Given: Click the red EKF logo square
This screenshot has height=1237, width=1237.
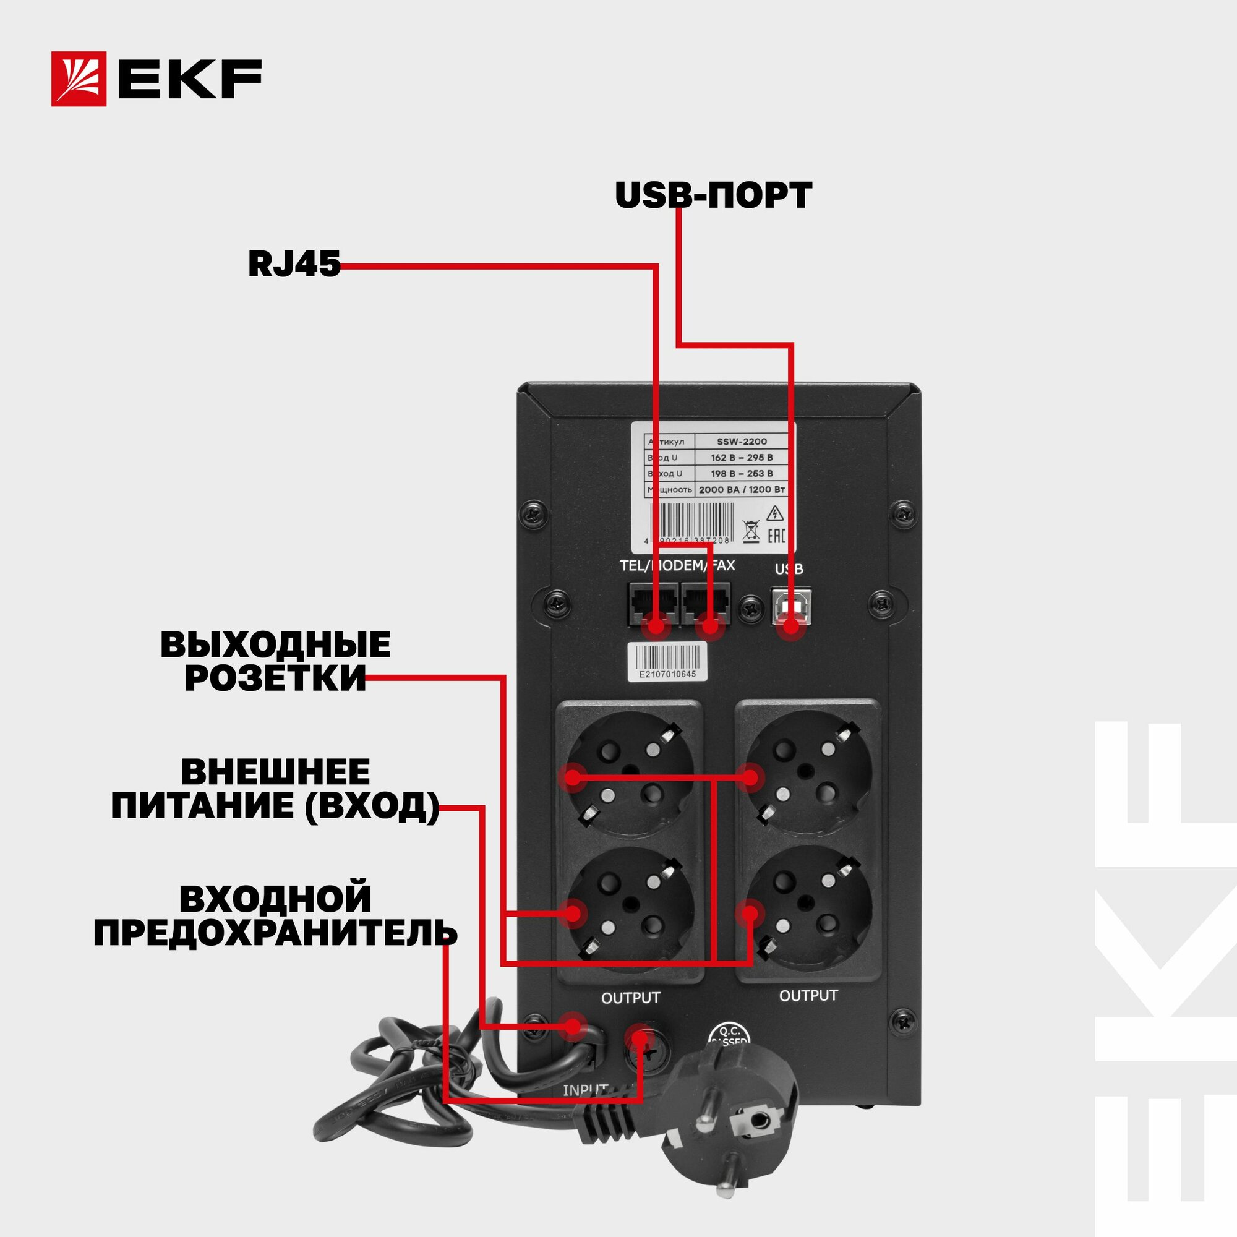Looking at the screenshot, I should point(79,79).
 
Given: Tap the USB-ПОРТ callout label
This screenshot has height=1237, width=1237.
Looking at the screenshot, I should point(713,195).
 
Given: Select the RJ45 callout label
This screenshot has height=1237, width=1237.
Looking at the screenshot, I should point(294,264).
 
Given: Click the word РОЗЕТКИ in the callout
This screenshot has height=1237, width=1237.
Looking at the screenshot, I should point(275,678).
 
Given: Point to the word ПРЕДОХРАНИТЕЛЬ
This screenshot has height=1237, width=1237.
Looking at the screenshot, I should point(275,933).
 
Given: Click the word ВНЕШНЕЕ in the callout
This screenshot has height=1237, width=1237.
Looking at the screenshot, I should point(275,772).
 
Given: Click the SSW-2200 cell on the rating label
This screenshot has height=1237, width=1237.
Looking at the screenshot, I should point(742,441).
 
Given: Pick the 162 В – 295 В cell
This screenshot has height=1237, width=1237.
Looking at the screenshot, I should point(742,457).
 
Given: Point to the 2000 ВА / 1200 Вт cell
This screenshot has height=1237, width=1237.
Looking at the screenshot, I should point(742,490).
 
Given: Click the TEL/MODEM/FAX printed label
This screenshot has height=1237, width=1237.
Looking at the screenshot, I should point(677,566).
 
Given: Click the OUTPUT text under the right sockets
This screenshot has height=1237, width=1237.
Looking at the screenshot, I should point(808,996).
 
